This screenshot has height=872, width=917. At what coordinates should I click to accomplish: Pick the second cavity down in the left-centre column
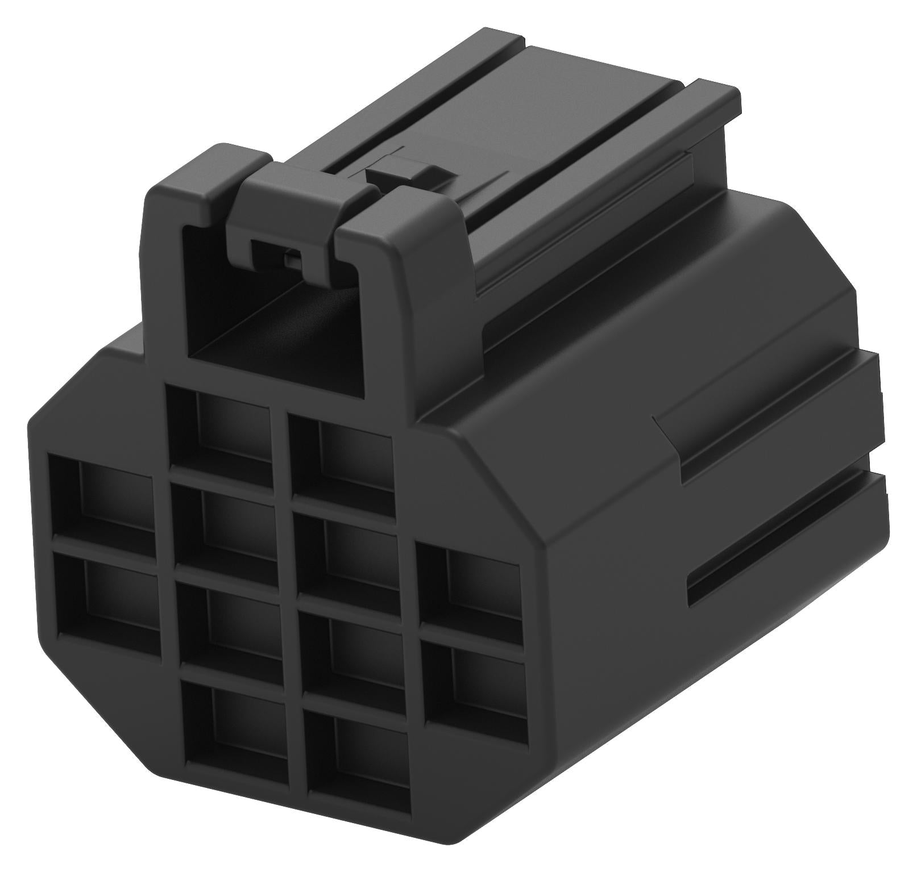[227, 523]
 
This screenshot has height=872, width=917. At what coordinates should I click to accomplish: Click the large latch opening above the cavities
[273, 318]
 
